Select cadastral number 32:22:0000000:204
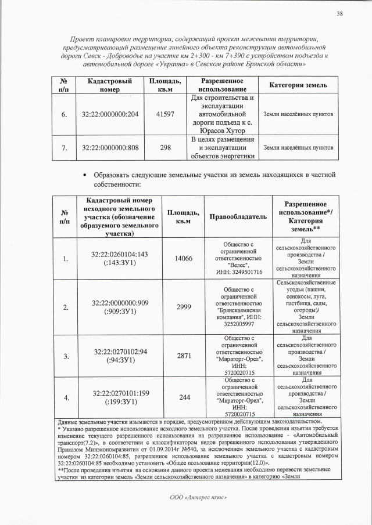pyautogui.click(x=110, y=114)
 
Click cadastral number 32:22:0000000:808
pyautogui.click(x=110, y=148)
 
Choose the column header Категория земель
pyautogui.click(x=298, y=86)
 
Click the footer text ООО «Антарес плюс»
pyautogui.click(x=186, y=497)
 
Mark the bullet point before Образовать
pyautogui.click(x=85, y=175)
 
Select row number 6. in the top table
pyautogui.click(x=63, y=114)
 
